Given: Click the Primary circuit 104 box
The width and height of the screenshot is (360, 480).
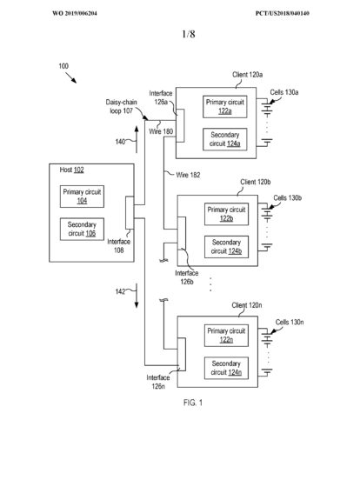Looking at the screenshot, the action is coord(82,197).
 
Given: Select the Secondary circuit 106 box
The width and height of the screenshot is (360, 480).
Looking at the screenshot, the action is coord(82,229).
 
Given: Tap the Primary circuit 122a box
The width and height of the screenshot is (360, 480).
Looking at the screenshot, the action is coord(225,107).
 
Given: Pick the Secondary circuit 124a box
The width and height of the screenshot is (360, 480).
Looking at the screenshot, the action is coord(225,139).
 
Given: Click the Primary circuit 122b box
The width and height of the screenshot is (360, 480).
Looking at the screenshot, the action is coord(227,214).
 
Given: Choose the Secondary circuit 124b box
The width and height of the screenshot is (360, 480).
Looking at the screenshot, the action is coord(227,247).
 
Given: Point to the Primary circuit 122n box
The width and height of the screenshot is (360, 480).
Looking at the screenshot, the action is coord(227,336).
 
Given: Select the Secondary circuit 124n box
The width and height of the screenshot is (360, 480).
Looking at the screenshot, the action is coord(227,368).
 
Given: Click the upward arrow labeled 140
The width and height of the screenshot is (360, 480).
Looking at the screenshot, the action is coord(137,139).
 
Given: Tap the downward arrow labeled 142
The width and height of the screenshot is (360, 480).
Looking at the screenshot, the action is coord(137,296).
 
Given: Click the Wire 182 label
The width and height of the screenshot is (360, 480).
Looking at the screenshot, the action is coord(188,175).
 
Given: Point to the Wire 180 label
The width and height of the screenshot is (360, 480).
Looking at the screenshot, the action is coord(161,131).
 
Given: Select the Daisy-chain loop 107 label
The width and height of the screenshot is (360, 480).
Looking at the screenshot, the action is coord(121,107).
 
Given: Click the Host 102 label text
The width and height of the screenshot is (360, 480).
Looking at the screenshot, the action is coord(71,170).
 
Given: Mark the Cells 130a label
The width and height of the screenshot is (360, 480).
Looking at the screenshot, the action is coord(284,92).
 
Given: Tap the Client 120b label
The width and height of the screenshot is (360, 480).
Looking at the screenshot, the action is coord(256,182).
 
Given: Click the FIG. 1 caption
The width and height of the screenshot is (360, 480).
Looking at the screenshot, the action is coord(193,403).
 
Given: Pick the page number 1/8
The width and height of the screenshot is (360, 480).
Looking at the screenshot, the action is coord(189,34).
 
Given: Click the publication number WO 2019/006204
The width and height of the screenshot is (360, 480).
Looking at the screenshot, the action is coord(75,13).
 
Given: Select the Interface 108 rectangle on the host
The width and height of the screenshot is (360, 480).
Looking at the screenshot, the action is coord(130,213).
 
